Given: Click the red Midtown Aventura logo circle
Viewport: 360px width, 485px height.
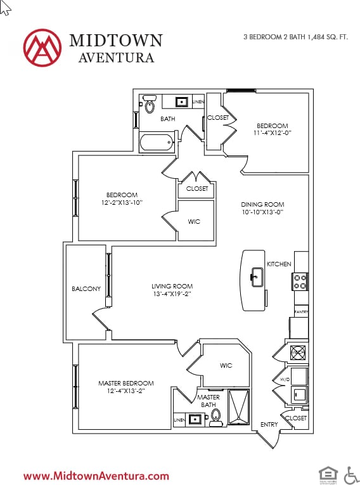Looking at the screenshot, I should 42,47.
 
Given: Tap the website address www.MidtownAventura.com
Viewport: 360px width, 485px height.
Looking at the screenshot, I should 96,475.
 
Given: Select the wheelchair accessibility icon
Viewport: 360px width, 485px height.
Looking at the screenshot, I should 350,474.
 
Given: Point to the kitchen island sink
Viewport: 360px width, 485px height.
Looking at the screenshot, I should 257,276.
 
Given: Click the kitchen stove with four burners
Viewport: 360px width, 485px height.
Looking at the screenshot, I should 300,281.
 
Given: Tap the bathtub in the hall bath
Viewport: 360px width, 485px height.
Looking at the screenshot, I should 157,142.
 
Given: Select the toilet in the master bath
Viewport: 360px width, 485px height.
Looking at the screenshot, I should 215,416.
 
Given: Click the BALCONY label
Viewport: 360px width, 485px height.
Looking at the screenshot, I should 86,289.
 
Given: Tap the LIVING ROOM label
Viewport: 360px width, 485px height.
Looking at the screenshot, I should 172,286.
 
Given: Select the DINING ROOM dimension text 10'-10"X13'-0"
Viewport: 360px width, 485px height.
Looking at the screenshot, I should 262,212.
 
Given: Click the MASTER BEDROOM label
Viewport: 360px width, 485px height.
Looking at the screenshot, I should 125,384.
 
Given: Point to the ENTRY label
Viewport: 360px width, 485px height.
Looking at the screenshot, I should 269,425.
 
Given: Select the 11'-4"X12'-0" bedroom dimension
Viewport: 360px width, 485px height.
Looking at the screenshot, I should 272,133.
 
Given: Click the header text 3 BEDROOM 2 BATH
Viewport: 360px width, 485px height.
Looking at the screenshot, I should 274,37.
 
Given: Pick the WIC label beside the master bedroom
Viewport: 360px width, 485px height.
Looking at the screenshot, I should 226,366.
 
